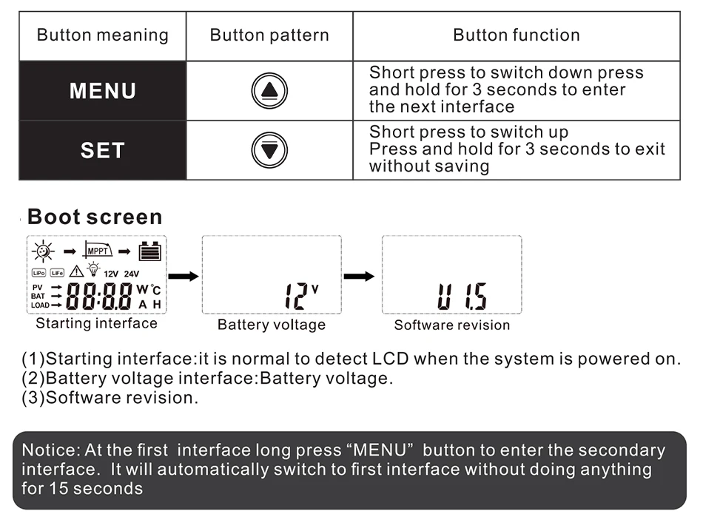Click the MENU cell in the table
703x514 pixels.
[102, 91]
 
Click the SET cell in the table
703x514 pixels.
[102, 150]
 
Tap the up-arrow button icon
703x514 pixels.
[269, 91]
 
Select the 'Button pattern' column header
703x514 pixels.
[269, 35]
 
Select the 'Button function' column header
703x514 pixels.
[516, 35]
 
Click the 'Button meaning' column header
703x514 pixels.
[102, 35]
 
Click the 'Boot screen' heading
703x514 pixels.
[94, 217]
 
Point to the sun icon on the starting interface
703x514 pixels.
[43, 251]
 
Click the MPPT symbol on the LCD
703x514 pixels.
[98, 250]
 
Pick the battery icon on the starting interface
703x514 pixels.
[150, 251]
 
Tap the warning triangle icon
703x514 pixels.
[76, 271]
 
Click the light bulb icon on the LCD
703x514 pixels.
[93, 269]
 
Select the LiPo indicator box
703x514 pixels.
[38, 273]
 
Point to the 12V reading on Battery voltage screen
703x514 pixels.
[300, 296]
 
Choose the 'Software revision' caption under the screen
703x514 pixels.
[451, 325]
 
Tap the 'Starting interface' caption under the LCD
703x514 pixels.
[96, 323]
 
